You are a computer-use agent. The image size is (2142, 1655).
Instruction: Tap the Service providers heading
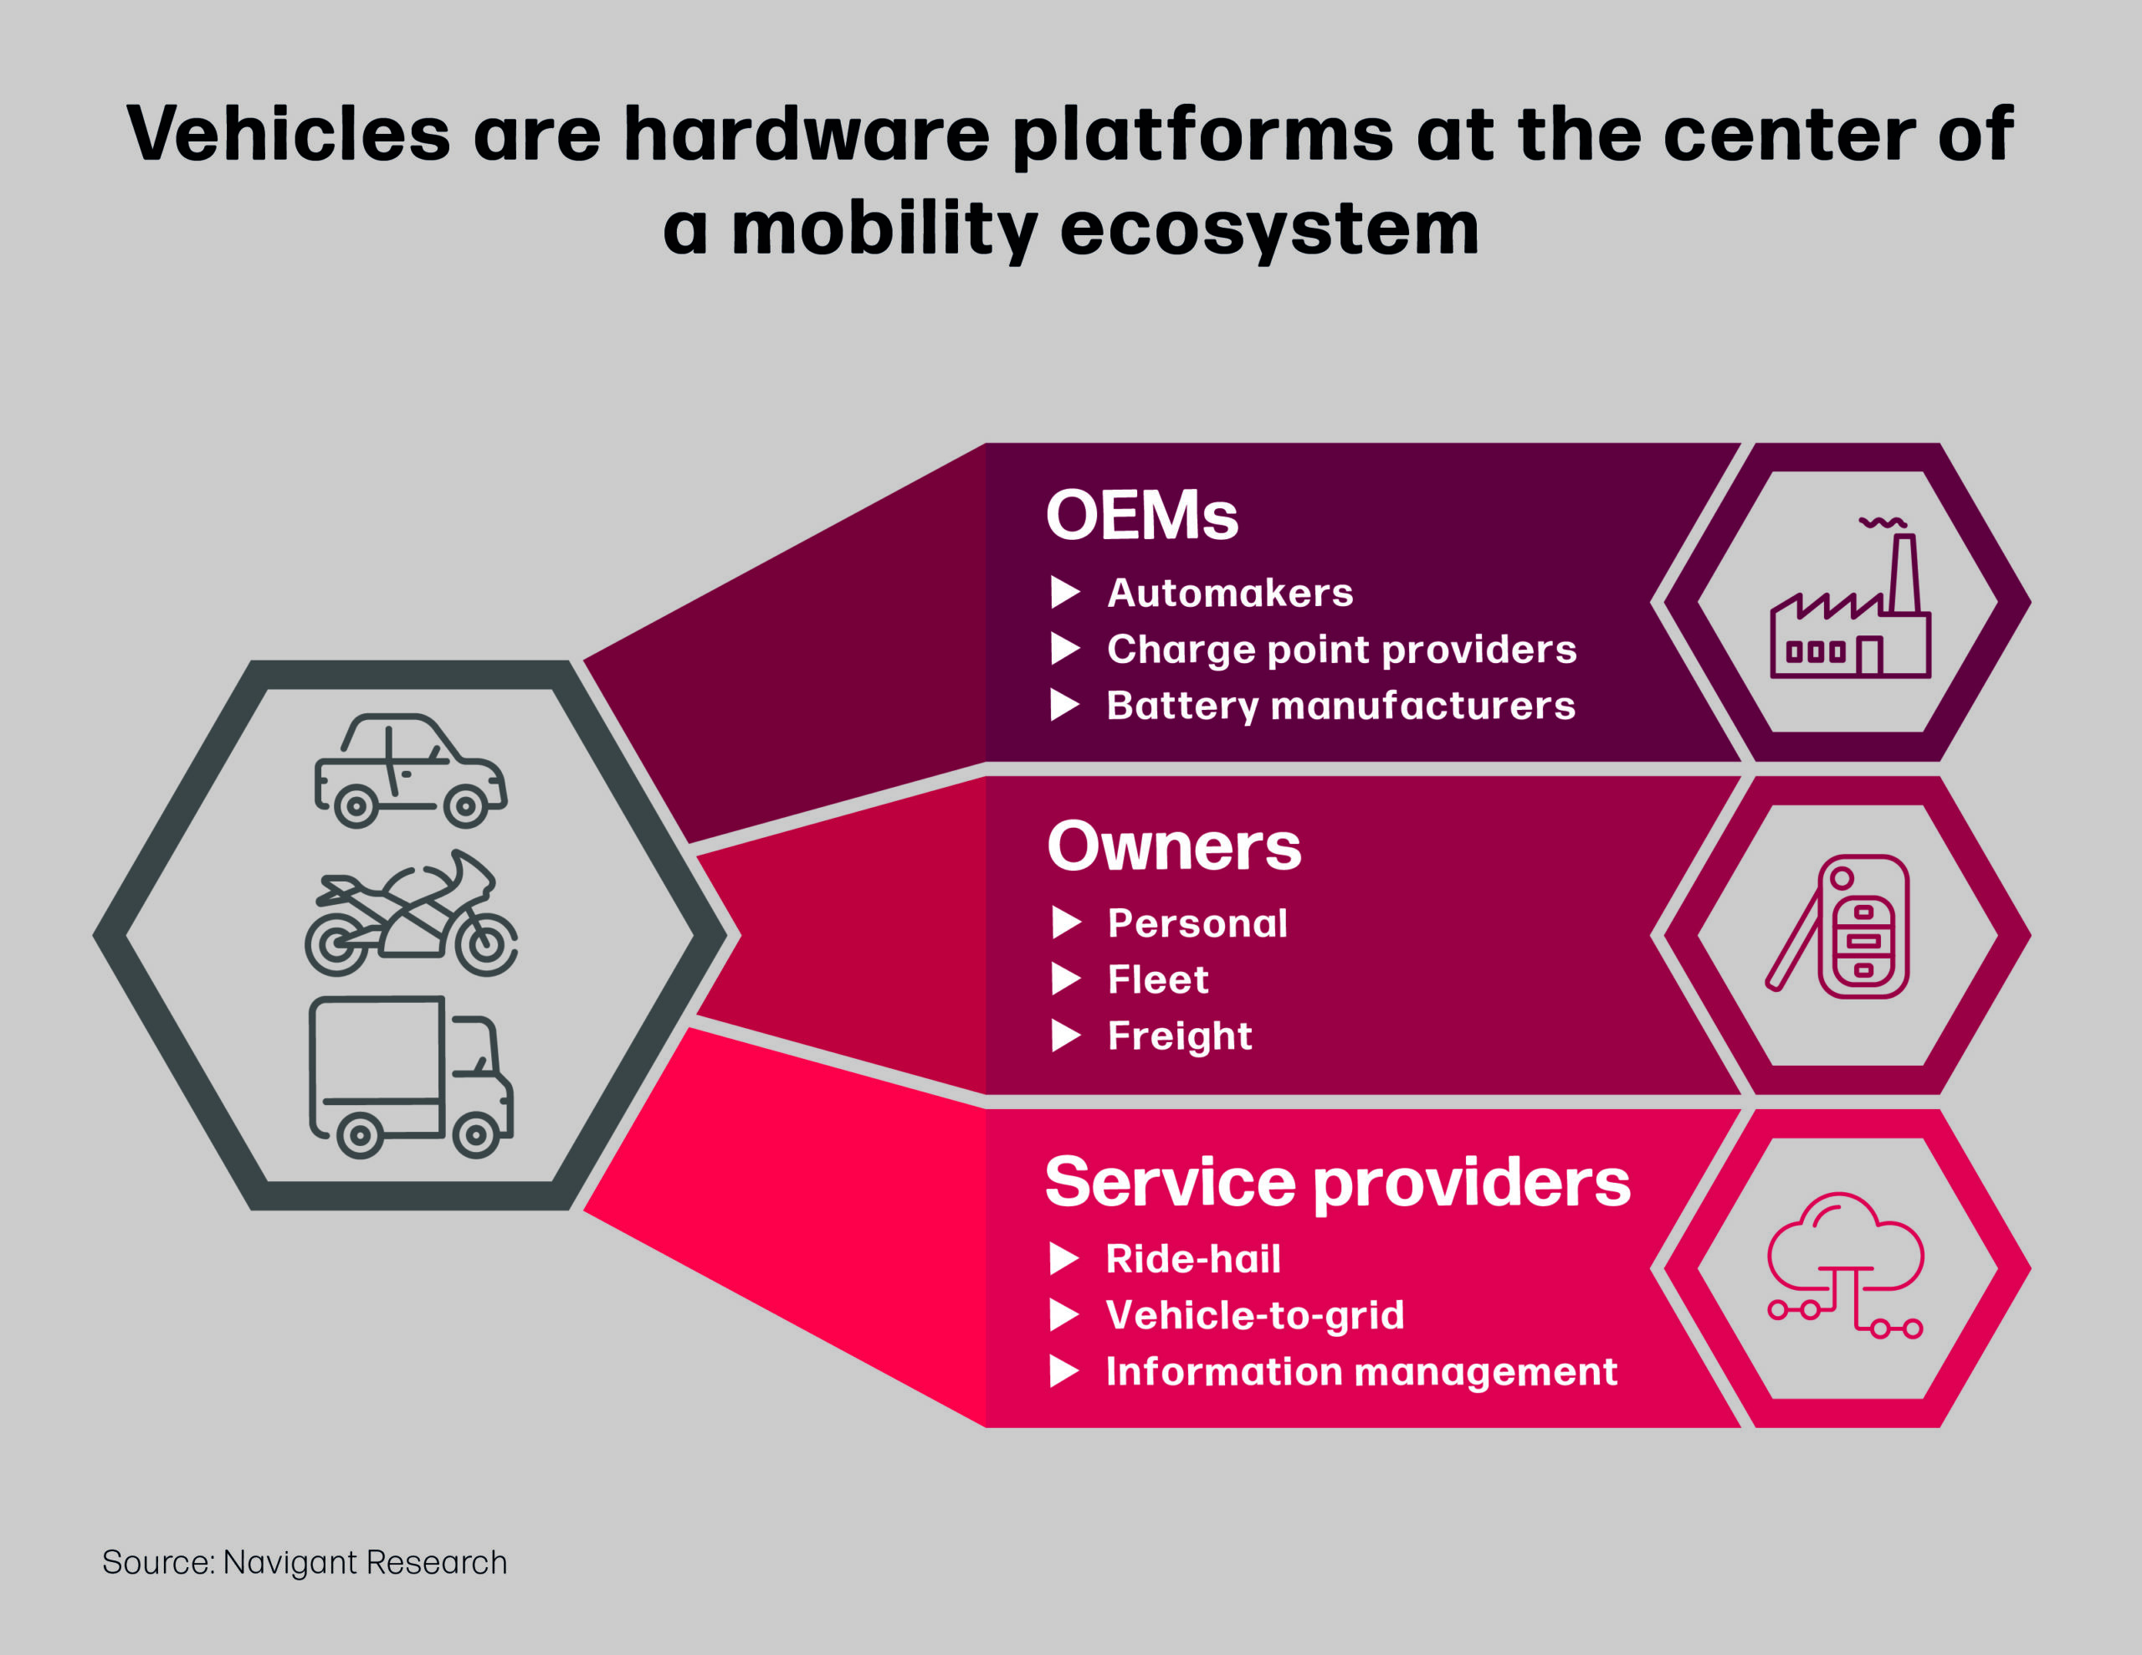tap(1338, 1182)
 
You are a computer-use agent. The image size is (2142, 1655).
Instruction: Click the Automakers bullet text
tap(1230, 593)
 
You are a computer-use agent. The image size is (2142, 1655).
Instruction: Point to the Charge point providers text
tap(1342, 650)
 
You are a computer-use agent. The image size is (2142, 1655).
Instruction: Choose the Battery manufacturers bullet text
tap(1340, 706)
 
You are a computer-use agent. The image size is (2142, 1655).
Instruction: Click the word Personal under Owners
tap(1197, 923)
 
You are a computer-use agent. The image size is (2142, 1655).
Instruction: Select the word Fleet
tap(1158, 979)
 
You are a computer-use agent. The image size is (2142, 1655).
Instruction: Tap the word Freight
tap(1180, 1037)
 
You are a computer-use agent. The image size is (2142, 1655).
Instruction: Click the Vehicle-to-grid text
tap(1255, 1316)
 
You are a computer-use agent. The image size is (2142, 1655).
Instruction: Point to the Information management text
tap(1361, 1372)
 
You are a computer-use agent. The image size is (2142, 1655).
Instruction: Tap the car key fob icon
tap(1836, 926)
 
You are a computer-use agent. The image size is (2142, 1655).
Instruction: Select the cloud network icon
tap(1845, 1266)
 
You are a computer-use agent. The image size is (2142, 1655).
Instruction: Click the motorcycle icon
tap(411, 912)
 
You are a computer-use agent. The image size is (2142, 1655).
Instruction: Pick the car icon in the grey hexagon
tap(410, 771)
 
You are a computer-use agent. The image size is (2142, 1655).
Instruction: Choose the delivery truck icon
tap(411, 1077)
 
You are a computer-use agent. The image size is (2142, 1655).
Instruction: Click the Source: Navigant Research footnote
tap(304, 1563)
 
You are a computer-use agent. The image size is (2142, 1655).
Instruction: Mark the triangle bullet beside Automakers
tap(1065, 593)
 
